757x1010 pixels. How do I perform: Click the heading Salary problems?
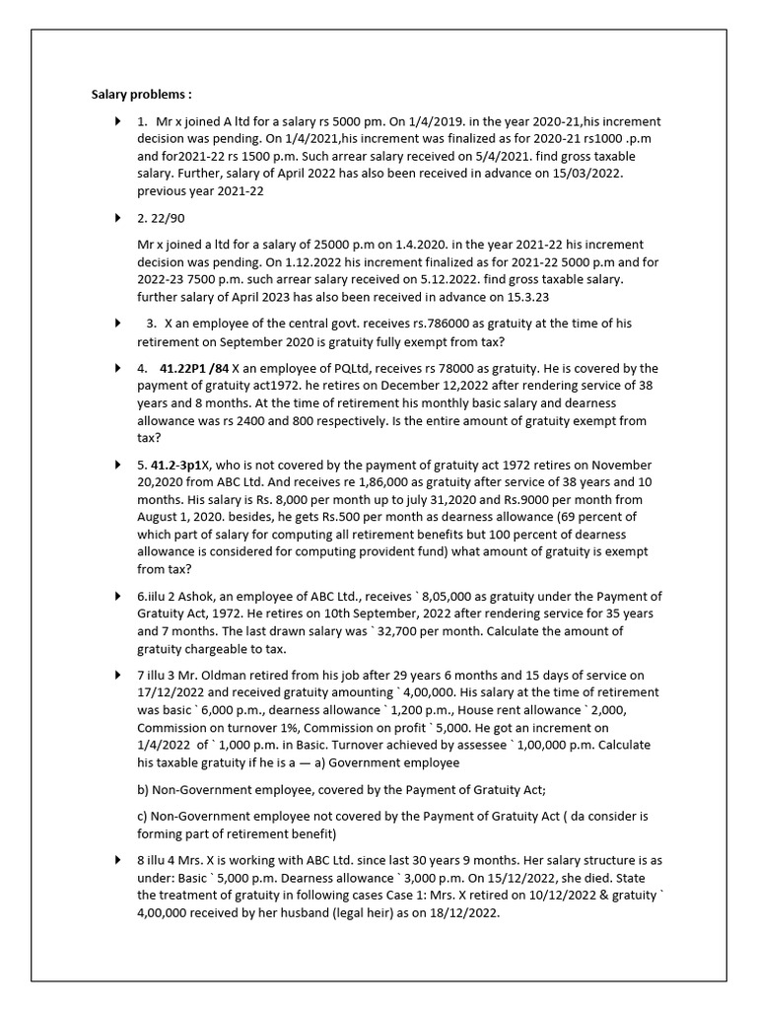(x=141, y=95)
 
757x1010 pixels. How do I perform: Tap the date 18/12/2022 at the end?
(x=463, y=913)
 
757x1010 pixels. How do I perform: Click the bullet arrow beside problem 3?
(x=118, y=323)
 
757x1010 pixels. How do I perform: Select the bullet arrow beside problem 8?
(x=118, y=861)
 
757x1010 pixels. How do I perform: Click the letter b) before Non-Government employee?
(x=143, y=788)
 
